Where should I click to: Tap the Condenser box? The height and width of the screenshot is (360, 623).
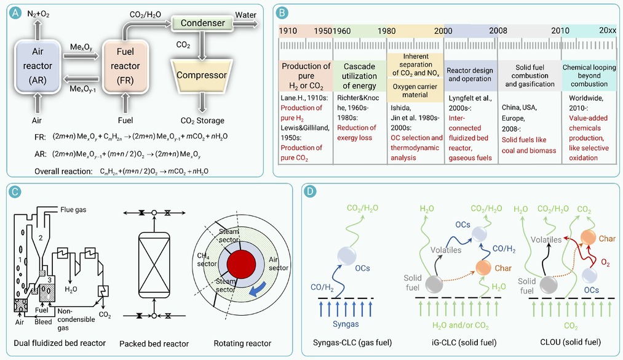tap(202, 23)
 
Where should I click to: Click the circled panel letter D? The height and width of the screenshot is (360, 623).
tap(312, 191)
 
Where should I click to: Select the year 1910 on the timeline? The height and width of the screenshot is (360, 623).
tap(288, 30)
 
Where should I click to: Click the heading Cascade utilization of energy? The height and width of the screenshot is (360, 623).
tap(360, 76)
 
